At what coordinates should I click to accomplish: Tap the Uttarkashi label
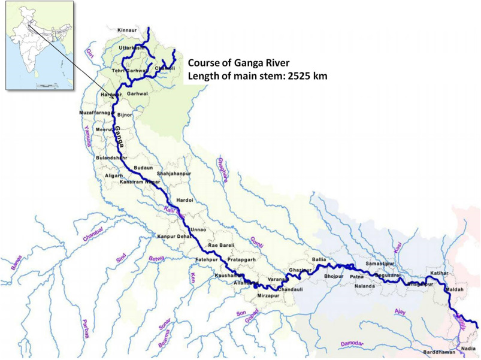coord(132,47)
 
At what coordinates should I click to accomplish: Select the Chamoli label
coord(164,68)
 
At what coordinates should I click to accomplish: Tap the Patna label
coord(357,276)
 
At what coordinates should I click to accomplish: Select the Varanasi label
coord(278,280)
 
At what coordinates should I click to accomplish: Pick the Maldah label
coord(455,291)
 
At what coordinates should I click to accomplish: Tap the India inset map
coord(40,45)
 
